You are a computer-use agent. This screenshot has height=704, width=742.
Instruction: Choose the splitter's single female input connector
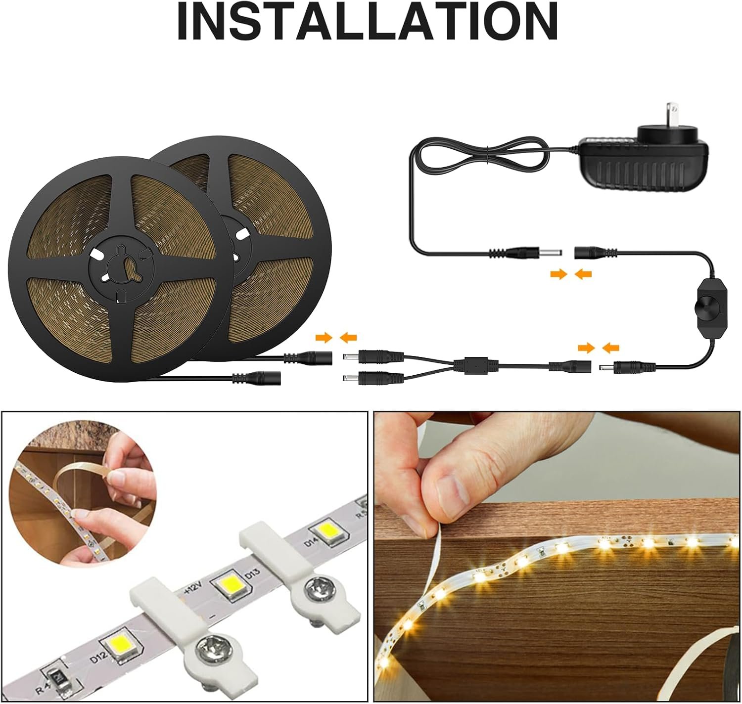point(569,366)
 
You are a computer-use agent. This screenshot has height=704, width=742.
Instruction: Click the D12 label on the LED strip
point(98,657)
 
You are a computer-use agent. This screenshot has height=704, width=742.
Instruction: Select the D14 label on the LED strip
point(312,542)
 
